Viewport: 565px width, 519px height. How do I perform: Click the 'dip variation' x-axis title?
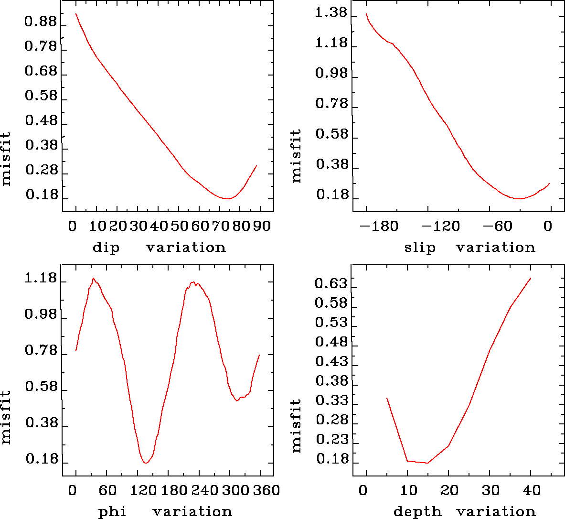(x=159, y=248)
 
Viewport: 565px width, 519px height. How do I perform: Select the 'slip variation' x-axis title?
(x=470, y=248)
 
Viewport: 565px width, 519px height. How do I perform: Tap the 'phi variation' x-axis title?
(x=165, y=512)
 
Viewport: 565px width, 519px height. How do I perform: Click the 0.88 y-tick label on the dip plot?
(x=41, y=22)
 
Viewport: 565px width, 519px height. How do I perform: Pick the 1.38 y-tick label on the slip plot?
(x=331, y=13)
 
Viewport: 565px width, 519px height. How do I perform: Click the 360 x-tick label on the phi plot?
(x=265, y=490)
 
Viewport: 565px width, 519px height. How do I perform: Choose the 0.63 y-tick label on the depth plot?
(x=331, y=284)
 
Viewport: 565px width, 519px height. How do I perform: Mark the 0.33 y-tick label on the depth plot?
(x=331, y=401)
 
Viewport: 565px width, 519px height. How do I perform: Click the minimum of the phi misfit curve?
(x=146, y=463)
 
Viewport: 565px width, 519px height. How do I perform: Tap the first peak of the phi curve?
(x=94, y=278)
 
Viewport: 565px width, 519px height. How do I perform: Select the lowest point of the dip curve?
(x=228, y=198)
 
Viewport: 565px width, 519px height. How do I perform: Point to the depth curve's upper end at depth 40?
(x=531, y=278)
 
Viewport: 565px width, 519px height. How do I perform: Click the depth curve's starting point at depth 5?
(x=387, y=398)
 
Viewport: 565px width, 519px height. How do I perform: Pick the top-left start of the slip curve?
(x=366, y=14)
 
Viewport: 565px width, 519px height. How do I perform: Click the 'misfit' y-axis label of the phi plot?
(x=6, y=417)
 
